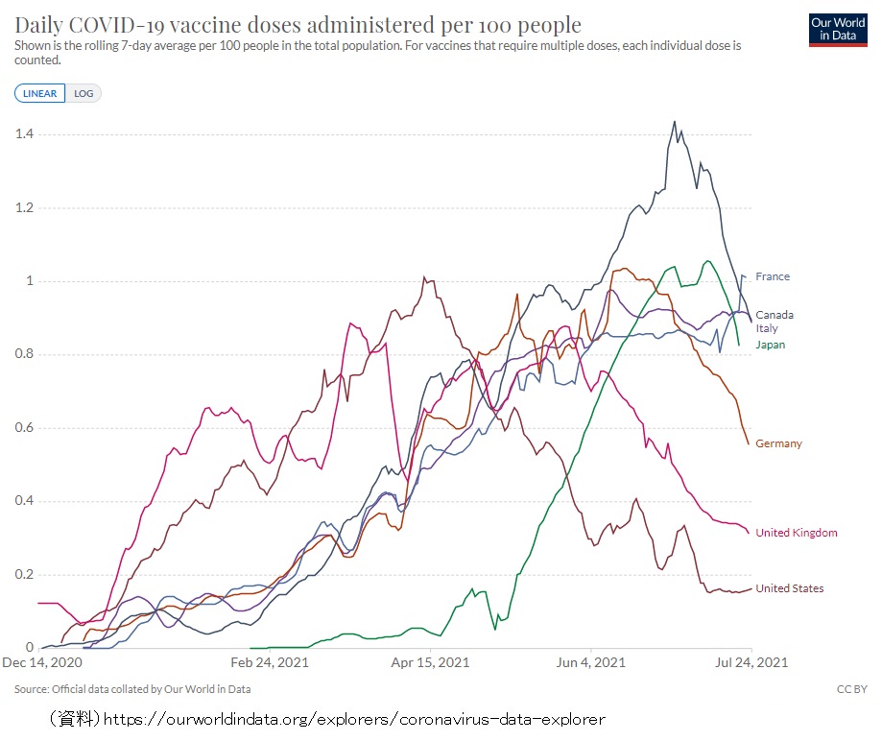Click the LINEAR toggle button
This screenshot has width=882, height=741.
click(x=39, y=93)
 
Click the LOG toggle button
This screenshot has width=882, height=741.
click(x=83, y=93)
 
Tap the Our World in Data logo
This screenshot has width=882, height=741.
click(x=839, y=30)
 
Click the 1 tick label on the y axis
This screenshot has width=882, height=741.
click(x=29, y=281)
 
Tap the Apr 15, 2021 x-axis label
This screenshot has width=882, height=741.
click(x=429, y=662)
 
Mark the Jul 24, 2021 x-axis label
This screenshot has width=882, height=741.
click(x=751, y=662)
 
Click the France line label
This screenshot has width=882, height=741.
click(x=773, y=276)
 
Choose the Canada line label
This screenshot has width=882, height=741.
click(x=775, y=315)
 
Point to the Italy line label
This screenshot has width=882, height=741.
click(x=767, y=328)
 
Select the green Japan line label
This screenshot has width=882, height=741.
click(x=770, y=344)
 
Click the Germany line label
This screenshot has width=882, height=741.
click(x=778, y=443)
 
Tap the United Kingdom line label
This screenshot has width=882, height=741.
click(x=796, y=533)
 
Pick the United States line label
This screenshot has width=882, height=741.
click(x=789, y=588)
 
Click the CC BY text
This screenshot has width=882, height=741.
click(x=852, y=689)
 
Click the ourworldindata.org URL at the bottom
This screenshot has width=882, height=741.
click(x=354, y=718)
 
